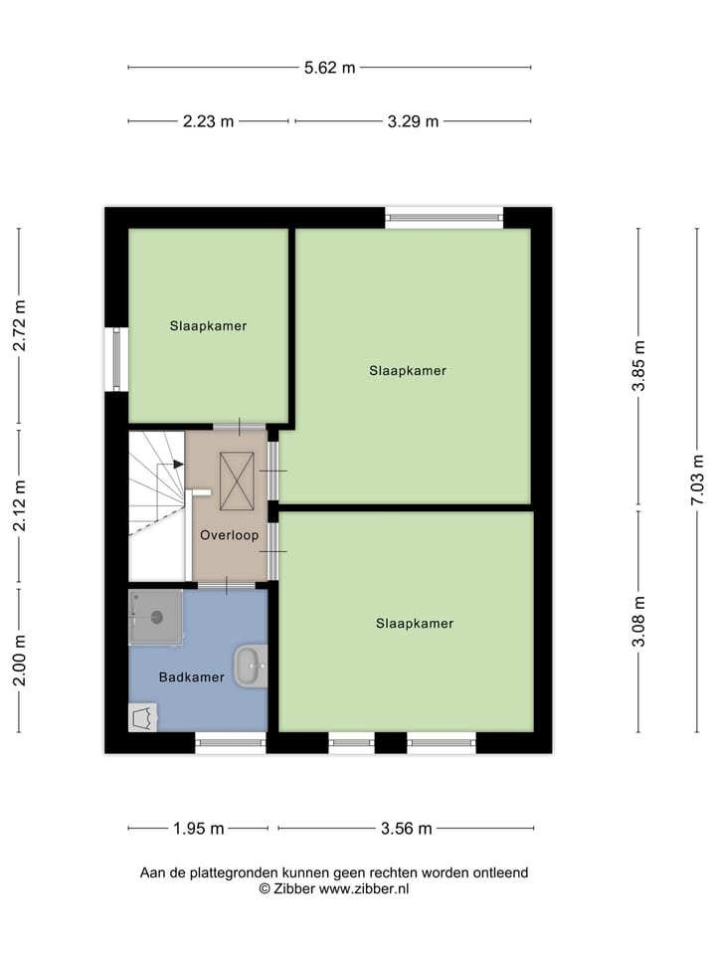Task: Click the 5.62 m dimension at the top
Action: coord(329,68)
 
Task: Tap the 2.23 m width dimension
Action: coord(208,121)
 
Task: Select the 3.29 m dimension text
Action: coord(413,121)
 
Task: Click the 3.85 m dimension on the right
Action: coord(639,366)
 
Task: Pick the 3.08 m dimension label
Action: coord(639,622)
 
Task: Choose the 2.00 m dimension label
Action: coord(19,660)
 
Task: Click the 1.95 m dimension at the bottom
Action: coord(198,828)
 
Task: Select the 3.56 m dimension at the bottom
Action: coord(405,828)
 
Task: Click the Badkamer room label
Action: coord(192,677)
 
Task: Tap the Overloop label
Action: coord(229,535)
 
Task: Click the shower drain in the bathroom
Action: coord(156,617)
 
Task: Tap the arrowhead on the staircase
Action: coord(178,464)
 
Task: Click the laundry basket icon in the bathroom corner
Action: coord(141,717)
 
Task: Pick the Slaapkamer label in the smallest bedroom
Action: coord(208,325)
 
